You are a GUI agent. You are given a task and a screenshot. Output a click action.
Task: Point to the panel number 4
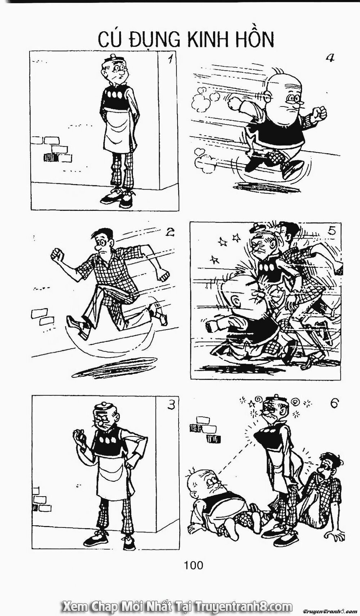pyautogui.click(x=330, y=58)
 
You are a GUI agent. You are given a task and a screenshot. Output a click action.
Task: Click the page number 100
pyautogui.click(x=193, y=565)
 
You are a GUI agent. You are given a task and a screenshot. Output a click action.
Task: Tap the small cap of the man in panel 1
pyautogui.click(x=112, y=58)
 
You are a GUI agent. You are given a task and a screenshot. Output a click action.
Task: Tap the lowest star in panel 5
pyautogui.click(x=215, y=259)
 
